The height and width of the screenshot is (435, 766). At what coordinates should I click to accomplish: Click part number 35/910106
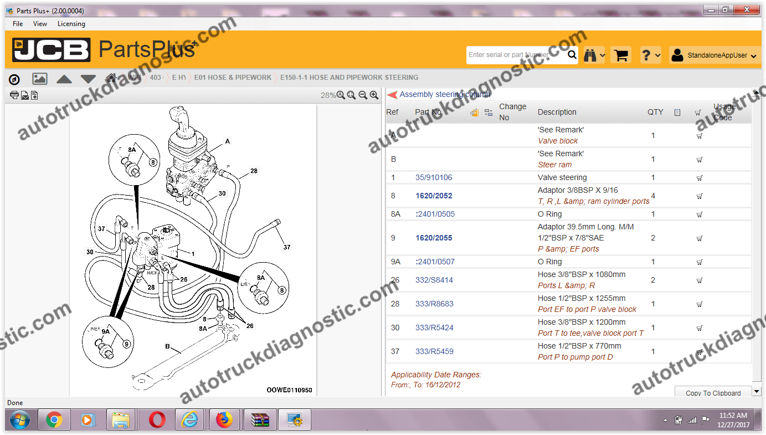[x=434, y=178]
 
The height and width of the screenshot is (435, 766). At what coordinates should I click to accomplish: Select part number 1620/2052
[x=434, y=196]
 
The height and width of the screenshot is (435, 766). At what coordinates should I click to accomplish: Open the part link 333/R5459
[x=434, y=351]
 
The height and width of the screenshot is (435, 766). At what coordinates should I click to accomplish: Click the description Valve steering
[x=562, y=178]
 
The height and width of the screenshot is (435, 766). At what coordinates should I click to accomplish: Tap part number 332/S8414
[x=434, y=280]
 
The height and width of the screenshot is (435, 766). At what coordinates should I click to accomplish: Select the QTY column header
[x=655, y=112]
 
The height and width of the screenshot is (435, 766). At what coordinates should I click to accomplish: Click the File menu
[x=18, y=24]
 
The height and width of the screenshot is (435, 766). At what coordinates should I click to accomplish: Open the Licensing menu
[x=71, y=24]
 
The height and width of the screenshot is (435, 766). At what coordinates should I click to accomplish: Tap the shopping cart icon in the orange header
[x=621, y=55]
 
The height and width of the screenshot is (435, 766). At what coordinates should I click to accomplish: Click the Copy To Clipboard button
[x=713, y=393]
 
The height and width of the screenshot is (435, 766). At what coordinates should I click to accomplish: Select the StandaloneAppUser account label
[x=717, y=55]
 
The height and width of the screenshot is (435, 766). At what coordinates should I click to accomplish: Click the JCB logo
[x=51, y=50]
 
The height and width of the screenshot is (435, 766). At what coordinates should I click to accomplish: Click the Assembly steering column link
[x=445, y=95]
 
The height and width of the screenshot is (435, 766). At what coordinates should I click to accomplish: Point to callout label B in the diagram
[x=167, y=346]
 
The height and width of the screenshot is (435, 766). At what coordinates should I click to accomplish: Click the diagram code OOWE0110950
[x=289, y=390]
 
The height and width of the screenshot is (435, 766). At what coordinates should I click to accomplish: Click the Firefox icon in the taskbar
[x=224, y=419]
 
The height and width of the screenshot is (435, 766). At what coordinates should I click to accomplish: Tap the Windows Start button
[x=20, y=419]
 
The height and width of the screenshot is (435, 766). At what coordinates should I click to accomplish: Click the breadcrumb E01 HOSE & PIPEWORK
[x=233, y=78]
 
